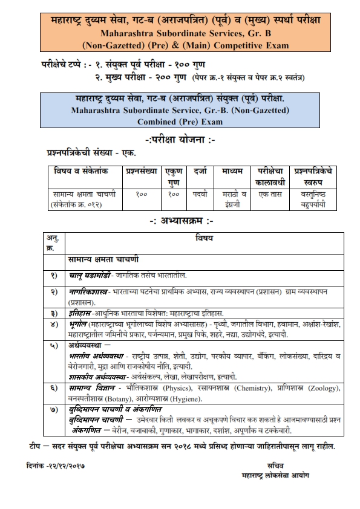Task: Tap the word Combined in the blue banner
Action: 159,122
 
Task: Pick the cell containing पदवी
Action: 200,195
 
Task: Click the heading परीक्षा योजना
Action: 180,141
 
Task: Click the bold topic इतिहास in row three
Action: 79,313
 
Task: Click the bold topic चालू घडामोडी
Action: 88,275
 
